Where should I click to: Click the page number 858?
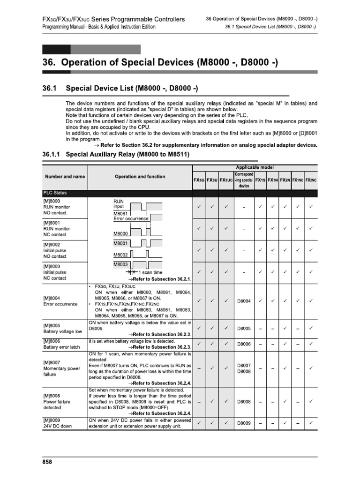point(47,462)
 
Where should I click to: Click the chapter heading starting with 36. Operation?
point(160,62)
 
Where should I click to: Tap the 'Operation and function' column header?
point(140,177)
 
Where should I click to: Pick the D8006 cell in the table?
point(244,345)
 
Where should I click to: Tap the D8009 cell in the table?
point(244,424)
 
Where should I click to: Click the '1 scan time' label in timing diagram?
point(150,272)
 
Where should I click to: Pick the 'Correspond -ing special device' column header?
point(244,180)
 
